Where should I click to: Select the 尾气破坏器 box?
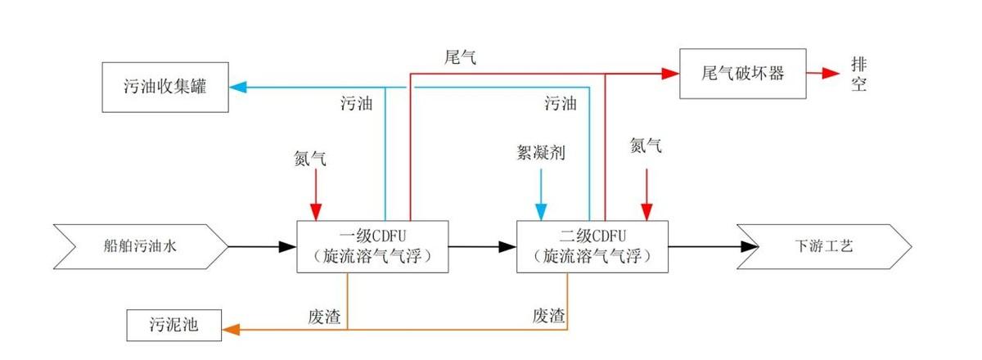click(742, 73)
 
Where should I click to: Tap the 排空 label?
click(858, 74)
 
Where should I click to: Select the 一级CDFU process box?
click(372, 245)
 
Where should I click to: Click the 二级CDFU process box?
click(592, 245)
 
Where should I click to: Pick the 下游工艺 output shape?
click(823, 245)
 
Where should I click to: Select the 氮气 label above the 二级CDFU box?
click(646, 146)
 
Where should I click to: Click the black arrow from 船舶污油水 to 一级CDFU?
click(262, 245)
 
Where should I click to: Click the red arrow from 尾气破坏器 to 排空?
click(823, 73)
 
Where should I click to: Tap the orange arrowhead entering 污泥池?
click(231, 330)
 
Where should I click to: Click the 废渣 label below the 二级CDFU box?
click(549, 316)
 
